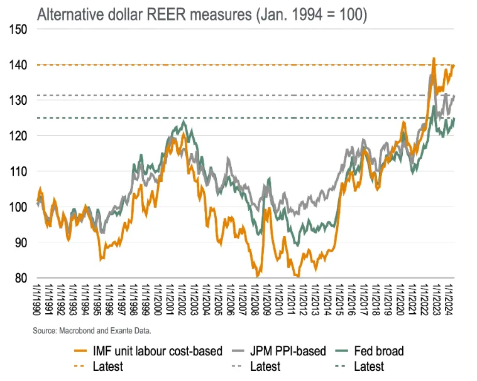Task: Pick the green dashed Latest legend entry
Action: [367, 366]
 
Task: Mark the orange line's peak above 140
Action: [434, 58]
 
